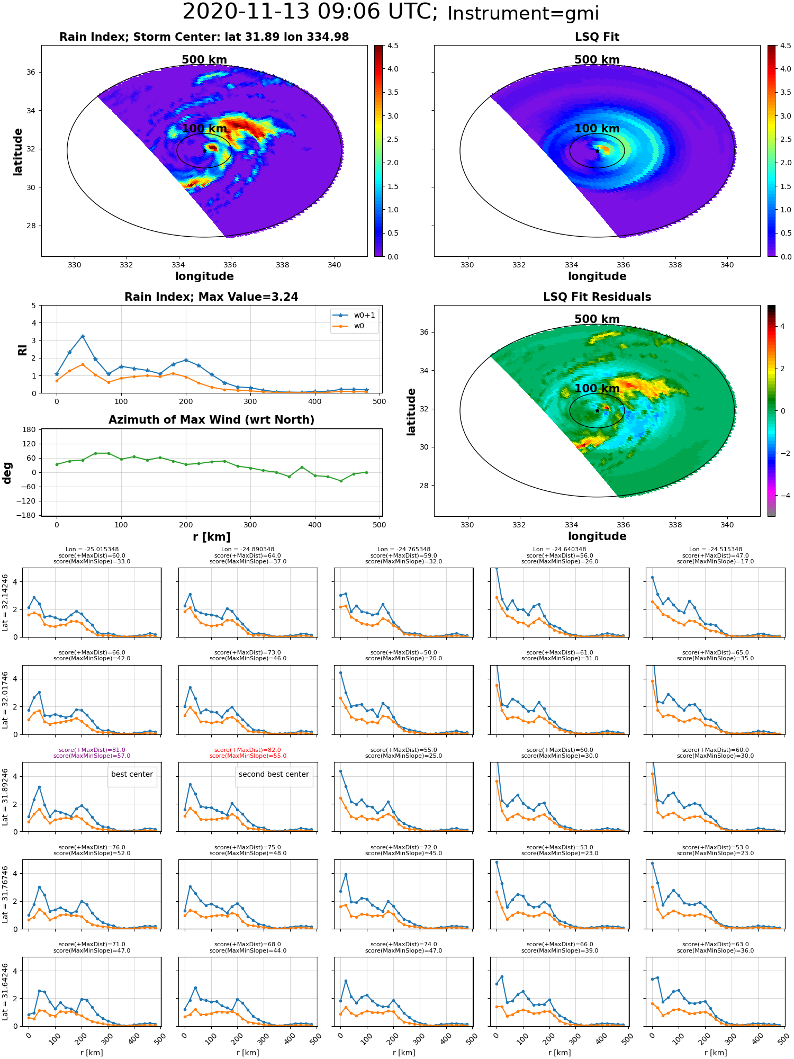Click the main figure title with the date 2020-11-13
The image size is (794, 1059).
[391, 13]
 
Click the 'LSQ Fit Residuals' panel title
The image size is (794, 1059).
[597, 297]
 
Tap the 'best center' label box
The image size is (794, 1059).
[132, 774]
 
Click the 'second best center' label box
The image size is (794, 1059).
[274, 774]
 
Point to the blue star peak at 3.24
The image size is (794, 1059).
[83, 336]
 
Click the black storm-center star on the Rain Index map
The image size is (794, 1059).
[204, 151]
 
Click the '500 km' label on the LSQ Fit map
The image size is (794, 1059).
[597, 60]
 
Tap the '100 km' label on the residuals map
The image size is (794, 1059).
[597, 389]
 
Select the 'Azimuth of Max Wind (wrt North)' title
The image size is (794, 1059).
[211, 420]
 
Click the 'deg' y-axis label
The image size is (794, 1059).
[7, 472]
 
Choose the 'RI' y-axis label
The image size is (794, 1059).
[22, 350]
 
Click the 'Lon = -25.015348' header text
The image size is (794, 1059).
[92, 549]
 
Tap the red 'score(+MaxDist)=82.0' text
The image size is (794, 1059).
[248, 750]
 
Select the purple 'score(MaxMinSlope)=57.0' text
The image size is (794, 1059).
[92, 756]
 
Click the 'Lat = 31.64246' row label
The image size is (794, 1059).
[5, 991]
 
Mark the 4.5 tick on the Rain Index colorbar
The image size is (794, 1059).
[393, 46]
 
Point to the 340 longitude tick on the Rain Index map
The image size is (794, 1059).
[335, 265]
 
